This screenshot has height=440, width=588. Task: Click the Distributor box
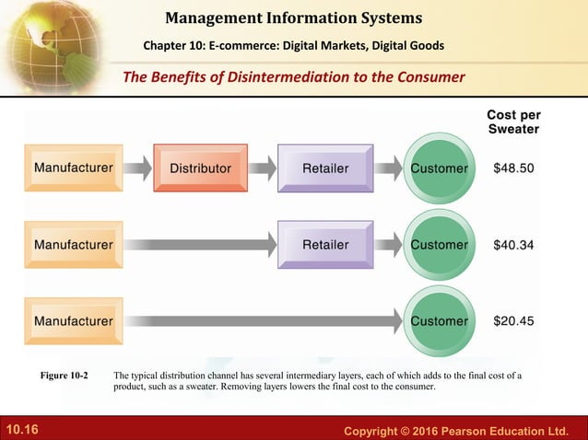click(200, 168)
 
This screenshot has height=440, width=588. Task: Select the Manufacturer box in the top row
click(74, 168)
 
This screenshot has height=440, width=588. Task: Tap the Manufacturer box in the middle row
click(74, 245)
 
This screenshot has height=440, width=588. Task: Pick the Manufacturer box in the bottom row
click(74, 321)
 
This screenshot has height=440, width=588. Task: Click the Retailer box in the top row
click(325, 168)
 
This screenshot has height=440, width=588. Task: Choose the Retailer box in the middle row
click(325, 245)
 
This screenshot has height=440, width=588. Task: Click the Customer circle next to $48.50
click(439, 168)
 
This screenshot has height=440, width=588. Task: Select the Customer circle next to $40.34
click(439, 245)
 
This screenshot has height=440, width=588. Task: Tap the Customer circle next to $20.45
click(439, 321)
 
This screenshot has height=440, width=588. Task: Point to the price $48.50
click(513, 168)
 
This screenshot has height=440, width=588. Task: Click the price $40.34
click(513, 245)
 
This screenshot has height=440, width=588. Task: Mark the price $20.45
click(513, 321)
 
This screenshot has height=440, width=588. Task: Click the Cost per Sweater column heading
click(513, 122)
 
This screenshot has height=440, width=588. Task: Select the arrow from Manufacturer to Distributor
click(137, 168)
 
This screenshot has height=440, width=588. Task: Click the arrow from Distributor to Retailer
click(263, 168)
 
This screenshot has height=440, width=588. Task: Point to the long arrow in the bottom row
click(263, 321)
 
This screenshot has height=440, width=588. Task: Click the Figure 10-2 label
click(65, 376)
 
